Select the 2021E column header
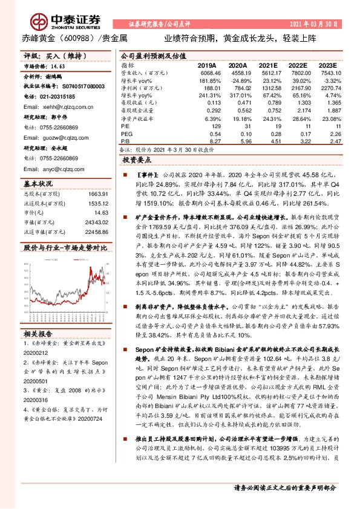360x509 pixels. click(x=270, y=65)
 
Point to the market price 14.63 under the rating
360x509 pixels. click(x=58, y=68)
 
